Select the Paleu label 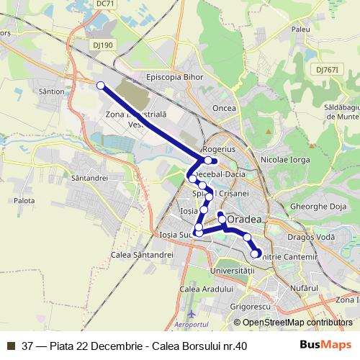click(300, 30)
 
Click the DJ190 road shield click(103, 45)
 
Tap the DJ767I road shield click(326, 70)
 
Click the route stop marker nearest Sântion click(101, 86)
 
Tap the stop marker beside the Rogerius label click(208, 160)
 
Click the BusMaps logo click(325, 345)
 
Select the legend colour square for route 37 click(11, 346)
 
